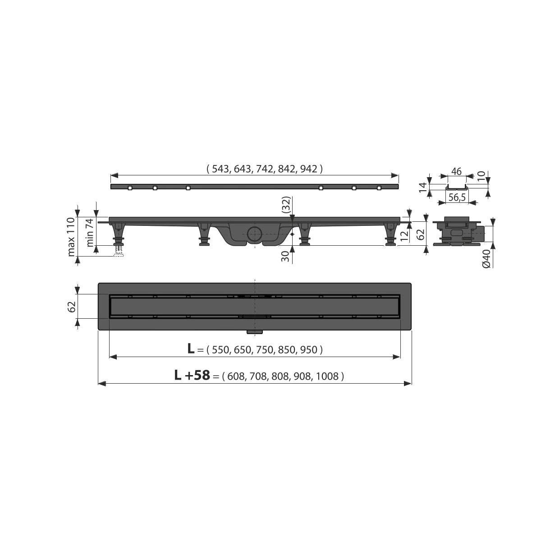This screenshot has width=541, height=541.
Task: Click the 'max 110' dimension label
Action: pyautogui.click(x=71, y=237)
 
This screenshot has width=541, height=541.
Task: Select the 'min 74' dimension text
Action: pyautogui.click(x=90, y=233)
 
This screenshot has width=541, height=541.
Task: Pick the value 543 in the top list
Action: pyautogui.click(x=220, y=169)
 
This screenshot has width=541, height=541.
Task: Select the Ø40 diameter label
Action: pyautogui.click(x=487, y=258)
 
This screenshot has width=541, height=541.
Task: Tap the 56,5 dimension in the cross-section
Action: pyautogui.click(x=457, y=197)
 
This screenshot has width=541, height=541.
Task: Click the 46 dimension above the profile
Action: pyautogui.click(x=456, y=171)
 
